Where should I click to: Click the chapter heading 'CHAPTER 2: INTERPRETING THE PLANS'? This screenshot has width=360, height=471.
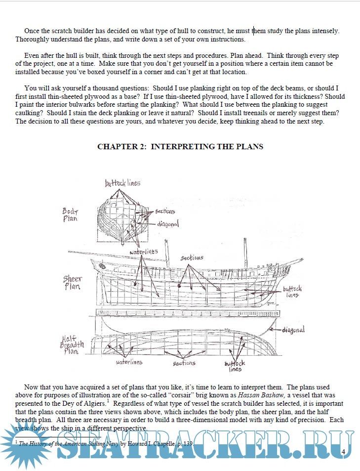[180, 146]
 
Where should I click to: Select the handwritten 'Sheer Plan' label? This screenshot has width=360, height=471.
[72, 283]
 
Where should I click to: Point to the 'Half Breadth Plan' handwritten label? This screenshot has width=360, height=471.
[73, 344]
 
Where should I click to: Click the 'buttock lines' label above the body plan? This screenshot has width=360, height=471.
[122, 183]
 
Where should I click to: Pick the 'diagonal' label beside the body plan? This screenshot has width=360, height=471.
[168, 224]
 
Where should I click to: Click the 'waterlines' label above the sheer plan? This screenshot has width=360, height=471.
[144, 252]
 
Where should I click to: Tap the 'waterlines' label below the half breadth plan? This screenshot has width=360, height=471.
[129, 362]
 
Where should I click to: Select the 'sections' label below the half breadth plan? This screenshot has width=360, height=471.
[184, 363]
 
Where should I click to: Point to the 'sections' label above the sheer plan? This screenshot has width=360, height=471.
[192, 258]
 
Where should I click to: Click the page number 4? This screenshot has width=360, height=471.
[343, 452]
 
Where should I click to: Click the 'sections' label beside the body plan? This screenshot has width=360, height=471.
[165, 212]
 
